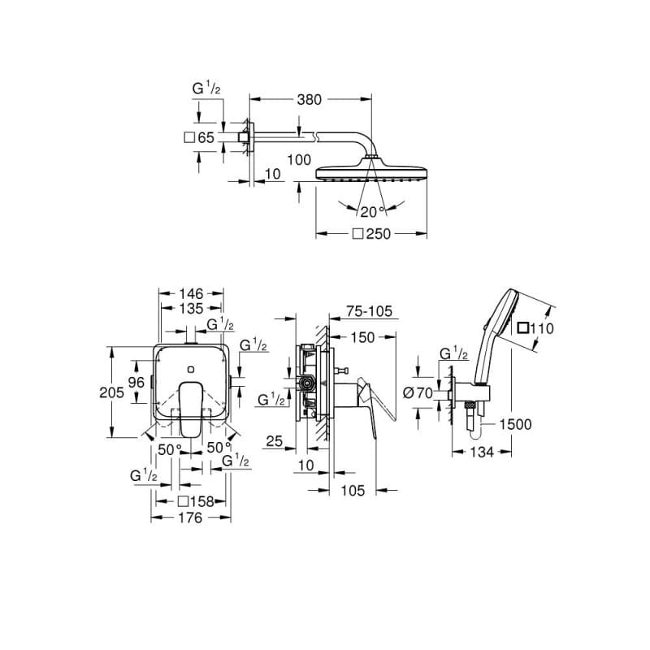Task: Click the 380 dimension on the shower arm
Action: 309,100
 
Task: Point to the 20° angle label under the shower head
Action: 371,212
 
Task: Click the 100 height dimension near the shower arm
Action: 299,160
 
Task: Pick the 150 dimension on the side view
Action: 364,337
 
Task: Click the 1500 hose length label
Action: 516,424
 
